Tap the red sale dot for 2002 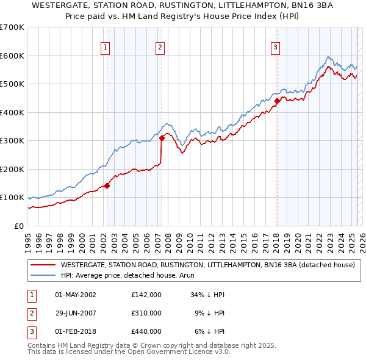[x=107, y=185]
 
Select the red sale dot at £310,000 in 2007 [x=162, y=138]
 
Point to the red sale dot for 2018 [x=277, y=101]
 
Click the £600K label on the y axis [x=12, y=56]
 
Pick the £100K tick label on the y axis [x=12, y=198]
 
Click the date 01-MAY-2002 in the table [x=75, y=295]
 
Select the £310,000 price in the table [x=146, y=313]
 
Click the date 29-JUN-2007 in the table [x=75, y=313]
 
